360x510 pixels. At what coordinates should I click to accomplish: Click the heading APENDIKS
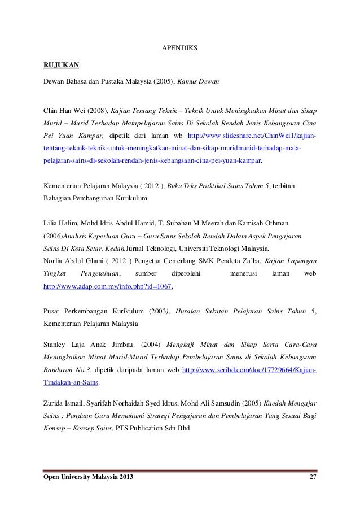point(180,48)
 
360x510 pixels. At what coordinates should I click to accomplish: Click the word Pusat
point(53,311)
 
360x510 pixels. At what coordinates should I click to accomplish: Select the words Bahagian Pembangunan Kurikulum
point(96,198)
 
